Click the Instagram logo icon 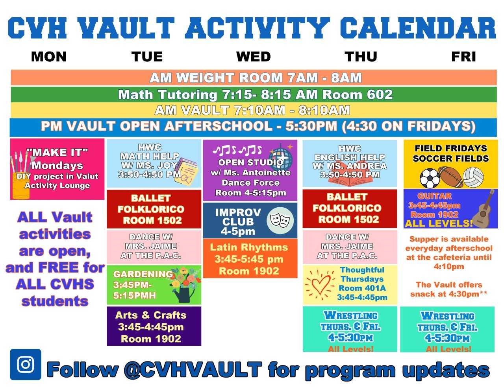coord(26,364)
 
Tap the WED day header coord(253,57)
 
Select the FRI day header coord(463,57)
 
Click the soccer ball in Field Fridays coord(430,178)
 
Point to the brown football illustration coord(451,177)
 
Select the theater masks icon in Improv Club coord(280,220)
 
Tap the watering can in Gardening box coord(184,295)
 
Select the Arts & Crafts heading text coord(151,315)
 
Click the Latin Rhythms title coord(249,247)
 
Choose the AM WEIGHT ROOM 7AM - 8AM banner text coord(256,77)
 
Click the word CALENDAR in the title coord(418,28)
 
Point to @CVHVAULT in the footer coord(193,369)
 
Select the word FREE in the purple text coord(58,267)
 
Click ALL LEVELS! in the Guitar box coord(439,223)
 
